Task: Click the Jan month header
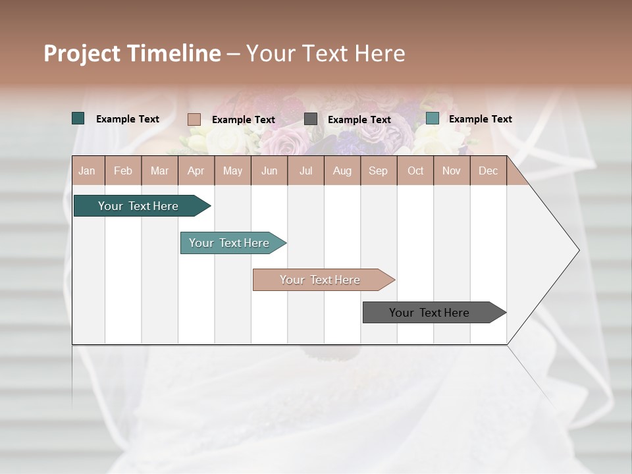pos(87,171)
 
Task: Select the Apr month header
pos(196,171)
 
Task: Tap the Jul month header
pos(305,171)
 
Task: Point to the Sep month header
pos(378,171)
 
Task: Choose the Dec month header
pos(488,171)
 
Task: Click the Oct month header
pos(415,171)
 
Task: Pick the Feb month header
pos(123,171)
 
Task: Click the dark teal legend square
pos(78,118)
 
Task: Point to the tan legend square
pos(194,119)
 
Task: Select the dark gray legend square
pos(311,119)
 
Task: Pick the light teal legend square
pos(433,118)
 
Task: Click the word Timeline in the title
pos(173,53)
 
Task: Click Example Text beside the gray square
pos(359,120)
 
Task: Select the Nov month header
pos(451,171)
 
